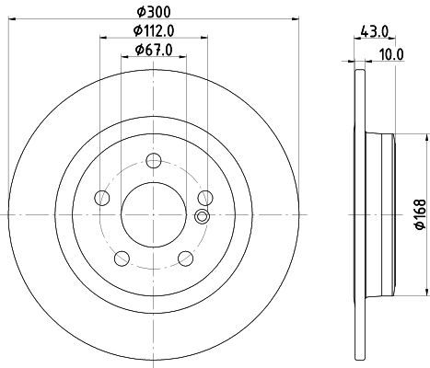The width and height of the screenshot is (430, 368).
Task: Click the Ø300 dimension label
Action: [x=154, y=12]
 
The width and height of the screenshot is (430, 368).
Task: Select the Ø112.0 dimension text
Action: [x=154, y=30]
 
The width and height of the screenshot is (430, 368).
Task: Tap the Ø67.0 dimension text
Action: [x=154, y=50]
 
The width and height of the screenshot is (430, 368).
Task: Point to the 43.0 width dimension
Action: [x=374, y=31]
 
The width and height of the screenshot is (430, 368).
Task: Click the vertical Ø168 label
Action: [x=421, y=214]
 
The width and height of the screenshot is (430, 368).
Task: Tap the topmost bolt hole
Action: [x=154, y=160]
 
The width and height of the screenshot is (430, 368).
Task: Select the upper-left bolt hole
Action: [x=102, y=198]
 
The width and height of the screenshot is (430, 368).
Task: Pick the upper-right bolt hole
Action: [x=205, y=198]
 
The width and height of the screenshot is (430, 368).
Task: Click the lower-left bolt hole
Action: [x=122, y=259]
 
